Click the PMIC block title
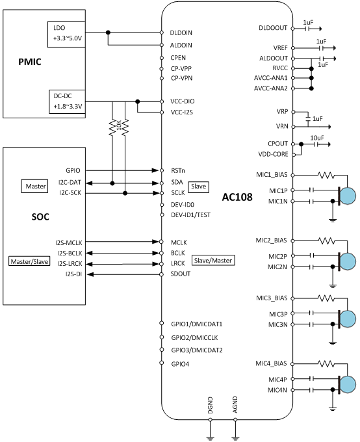click(30, 62)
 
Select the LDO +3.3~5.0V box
click(66, 34)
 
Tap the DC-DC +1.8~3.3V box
click(67, 102)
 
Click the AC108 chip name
click(237, 197)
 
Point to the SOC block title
click(40, 216)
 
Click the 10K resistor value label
click(119, 125)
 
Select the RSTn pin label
click(178, 170)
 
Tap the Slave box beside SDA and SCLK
click(198, 187)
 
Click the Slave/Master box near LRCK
click(213, 261)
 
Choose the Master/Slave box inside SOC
click(29, 261)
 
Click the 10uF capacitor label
click(317, 138)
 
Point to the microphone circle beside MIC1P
click(348, 196)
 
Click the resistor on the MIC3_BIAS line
click(326, 298)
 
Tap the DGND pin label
click(210, 405)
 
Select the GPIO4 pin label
click(180, 364)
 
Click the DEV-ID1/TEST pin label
click(191, 215)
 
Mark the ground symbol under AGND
click(235, 438)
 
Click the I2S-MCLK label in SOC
click(69, 242)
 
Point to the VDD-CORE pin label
click(273, 155)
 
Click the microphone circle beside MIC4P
click(348, 384)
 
